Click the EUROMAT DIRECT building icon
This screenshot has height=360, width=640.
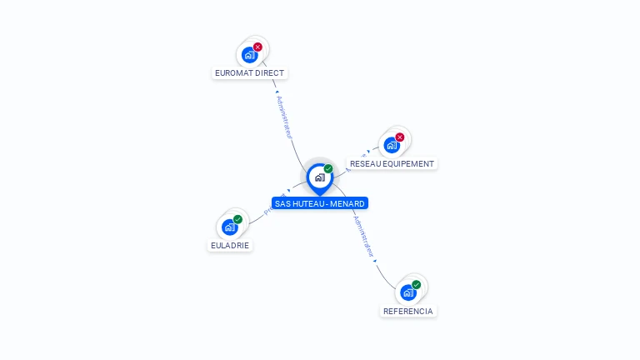(x=248, y=55)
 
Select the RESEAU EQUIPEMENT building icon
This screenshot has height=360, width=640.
(x=391, y=145)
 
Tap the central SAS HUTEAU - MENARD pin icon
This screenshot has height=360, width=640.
(x=319, y=177)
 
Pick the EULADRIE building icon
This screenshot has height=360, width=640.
(x=229, y=227)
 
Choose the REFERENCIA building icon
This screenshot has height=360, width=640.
(x=407, y=292)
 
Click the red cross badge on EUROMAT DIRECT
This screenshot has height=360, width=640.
(x=257, y=47)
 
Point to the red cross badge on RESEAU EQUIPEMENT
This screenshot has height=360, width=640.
(x=400, y=137)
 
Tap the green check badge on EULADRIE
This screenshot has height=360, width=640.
(x=238, y=219)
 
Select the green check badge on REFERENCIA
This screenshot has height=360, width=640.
(x=417, y=284)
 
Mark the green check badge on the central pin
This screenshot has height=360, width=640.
(x=328, y=168)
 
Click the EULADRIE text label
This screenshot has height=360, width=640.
(x=230, y=246)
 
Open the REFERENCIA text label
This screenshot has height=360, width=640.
(x=408, y=311)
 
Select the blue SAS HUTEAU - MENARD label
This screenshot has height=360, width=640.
(x=319, y=203)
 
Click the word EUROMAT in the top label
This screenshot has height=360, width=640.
(x=232, y=73)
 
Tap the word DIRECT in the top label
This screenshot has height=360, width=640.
(x=268, y=73)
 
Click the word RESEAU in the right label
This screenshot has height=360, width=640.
(x=364, y=164)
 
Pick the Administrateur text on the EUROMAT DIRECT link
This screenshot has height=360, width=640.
(x=284, y=117)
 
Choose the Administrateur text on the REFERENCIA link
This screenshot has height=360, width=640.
(x=363, y=237)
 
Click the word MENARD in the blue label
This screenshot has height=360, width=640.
(x=347, y=203)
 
